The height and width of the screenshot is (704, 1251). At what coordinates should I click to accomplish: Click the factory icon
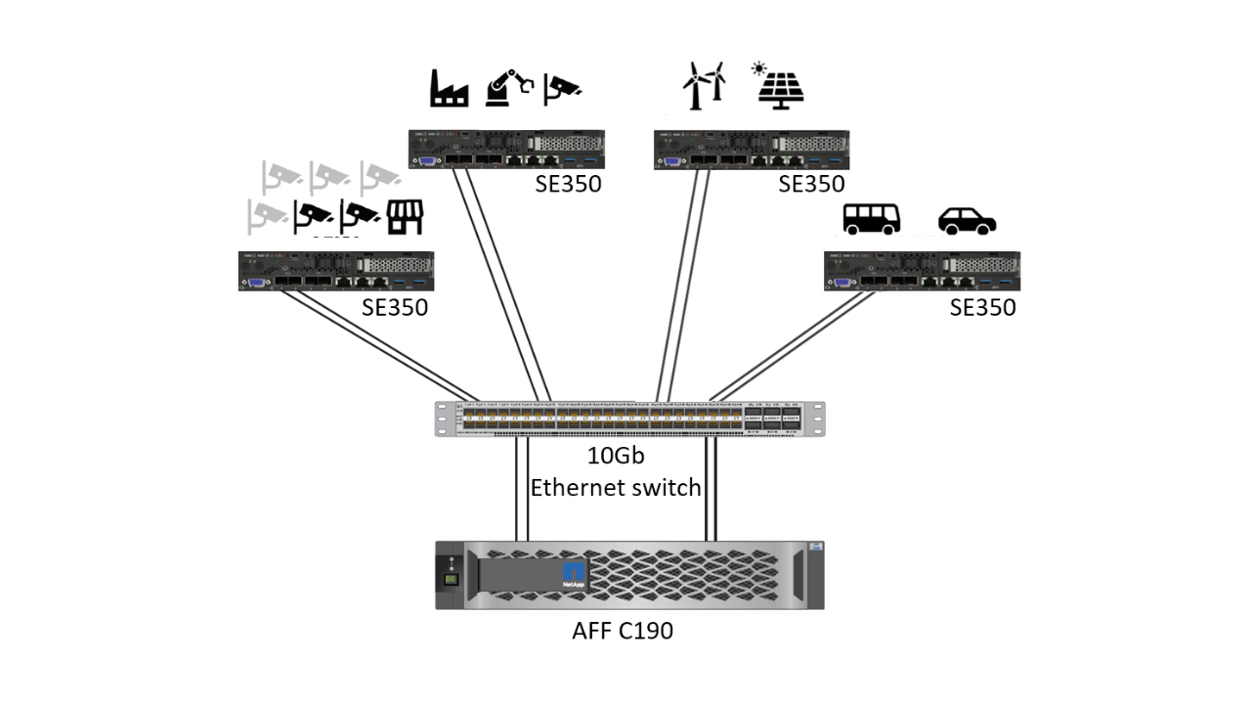coord(450,88)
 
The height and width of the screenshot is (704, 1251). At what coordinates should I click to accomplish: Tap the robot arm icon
coord(508,87)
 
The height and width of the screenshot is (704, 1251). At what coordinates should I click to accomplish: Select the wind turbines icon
coord(704,85)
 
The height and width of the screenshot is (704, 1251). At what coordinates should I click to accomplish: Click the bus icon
coord(872,220)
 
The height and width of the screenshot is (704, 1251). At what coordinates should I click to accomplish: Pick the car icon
coord(967,221)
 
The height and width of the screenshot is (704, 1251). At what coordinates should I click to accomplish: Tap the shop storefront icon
coord(404,217)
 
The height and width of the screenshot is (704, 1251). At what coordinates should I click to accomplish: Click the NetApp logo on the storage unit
coord(574,575)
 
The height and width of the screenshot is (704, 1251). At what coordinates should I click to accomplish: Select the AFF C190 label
coord(623,631)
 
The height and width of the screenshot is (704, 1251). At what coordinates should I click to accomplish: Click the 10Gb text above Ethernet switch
coord(616,456)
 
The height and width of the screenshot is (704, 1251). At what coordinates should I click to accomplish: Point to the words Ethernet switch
coord(616,487)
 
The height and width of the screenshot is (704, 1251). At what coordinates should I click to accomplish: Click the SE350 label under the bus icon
coord(982,308)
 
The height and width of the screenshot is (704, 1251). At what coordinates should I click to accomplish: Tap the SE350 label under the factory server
coord(568,184)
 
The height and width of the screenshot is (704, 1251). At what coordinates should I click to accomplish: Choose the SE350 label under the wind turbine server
coord(811,184)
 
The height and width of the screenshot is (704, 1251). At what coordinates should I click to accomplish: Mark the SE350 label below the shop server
coord(395,308)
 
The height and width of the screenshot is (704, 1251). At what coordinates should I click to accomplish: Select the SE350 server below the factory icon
coord(506,150)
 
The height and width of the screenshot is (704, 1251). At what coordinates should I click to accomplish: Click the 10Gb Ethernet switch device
coord(629,418)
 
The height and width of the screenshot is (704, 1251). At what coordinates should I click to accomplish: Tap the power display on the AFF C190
coord(452,579)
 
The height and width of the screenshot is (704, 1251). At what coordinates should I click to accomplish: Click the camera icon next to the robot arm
coord(563,87)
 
